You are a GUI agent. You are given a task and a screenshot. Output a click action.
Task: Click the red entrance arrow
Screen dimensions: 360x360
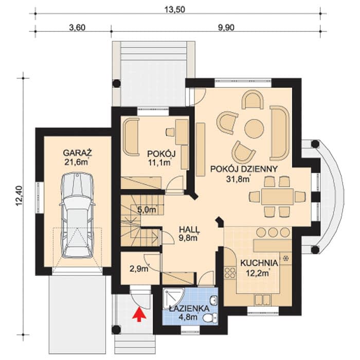point(139,315)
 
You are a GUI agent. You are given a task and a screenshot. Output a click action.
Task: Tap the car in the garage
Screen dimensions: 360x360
point(77,215)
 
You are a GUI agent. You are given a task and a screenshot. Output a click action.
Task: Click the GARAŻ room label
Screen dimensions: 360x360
point(77,153)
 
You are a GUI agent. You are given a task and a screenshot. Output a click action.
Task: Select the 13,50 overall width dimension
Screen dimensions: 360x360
point(175,9)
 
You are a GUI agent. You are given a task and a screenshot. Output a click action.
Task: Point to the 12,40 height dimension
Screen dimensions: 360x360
point(20,195)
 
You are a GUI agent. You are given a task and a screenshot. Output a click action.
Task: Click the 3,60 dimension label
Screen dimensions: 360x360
point(77,28)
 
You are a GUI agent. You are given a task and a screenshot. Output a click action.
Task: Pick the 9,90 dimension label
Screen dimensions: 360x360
point(226,28)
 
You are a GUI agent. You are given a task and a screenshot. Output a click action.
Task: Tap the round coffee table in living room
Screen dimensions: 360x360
point(254,129)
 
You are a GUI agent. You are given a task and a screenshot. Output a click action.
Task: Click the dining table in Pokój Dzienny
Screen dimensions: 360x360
point(277,196)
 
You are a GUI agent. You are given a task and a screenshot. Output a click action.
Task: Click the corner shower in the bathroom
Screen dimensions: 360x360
point(173,299)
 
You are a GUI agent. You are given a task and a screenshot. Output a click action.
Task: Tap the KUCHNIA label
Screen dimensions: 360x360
point(259,263)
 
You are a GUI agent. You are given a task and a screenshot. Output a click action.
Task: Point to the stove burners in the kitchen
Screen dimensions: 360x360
point(230,273)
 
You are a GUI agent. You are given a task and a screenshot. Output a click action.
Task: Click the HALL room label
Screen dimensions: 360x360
point(189,229)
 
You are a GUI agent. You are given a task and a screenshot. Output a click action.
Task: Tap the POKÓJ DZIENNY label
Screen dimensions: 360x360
point(244,169)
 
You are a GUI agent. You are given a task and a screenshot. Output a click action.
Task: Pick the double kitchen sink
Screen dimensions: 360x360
point(263,300)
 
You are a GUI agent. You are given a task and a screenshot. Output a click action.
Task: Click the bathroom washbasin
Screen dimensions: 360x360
point(214,300)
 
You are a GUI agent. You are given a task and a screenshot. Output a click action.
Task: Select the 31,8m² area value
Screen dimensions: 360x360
point(238,179)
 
